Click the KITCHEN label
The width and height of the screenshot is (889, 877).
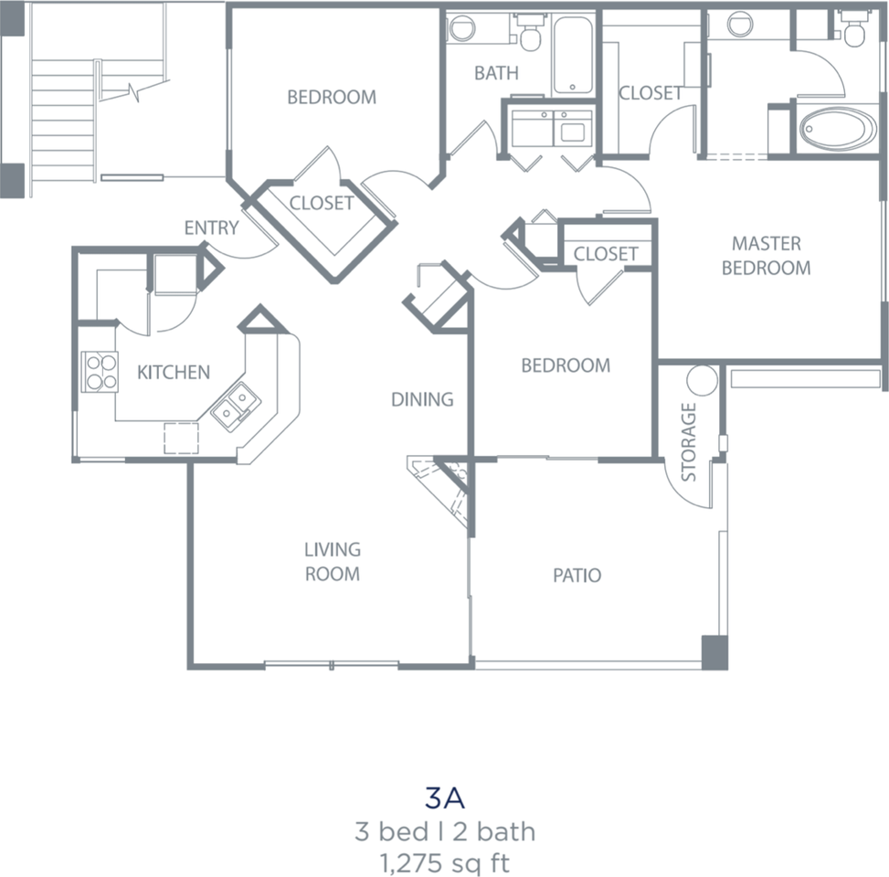coord(174,372)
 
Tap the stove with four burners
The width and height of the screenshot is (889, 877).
coord(100,372)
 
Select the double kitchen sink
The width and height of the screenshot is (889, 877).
coord(236,407)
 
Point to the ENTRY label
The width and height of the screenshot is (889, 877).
coord(211,227)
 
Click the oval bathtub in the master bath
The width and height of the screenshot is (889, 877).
coord(838,129)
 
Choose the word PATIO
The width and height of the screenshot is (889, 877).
coord(577,575)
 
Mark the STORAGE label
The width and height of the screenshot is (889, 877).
coord(688,442)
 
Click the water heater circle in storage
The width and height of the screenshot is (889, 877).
coord(702,380)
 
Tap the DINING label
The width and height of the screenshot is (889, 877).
coord(422,399)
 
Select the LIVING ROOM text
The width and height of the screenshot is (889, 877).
coord(333,561)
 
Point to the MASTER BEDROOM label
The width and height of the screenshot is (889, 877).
coord(766,255)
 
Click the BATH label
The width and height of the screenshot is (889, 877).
coord(496,72)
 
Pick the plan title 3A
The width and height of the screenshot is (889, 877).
coord(444,798)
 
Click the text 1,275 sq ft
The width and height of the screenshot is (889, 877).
coord(444,863)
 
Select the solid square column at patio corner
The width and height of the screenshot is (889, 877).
coord(714,652)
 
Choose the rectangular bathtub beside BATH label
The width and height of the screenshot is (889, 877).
coord(573,55)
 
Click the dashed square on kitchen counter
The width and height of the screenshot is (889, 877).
coord(182,438)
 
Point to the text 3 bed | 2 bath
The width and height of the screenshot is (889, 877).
coord(444,831)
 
